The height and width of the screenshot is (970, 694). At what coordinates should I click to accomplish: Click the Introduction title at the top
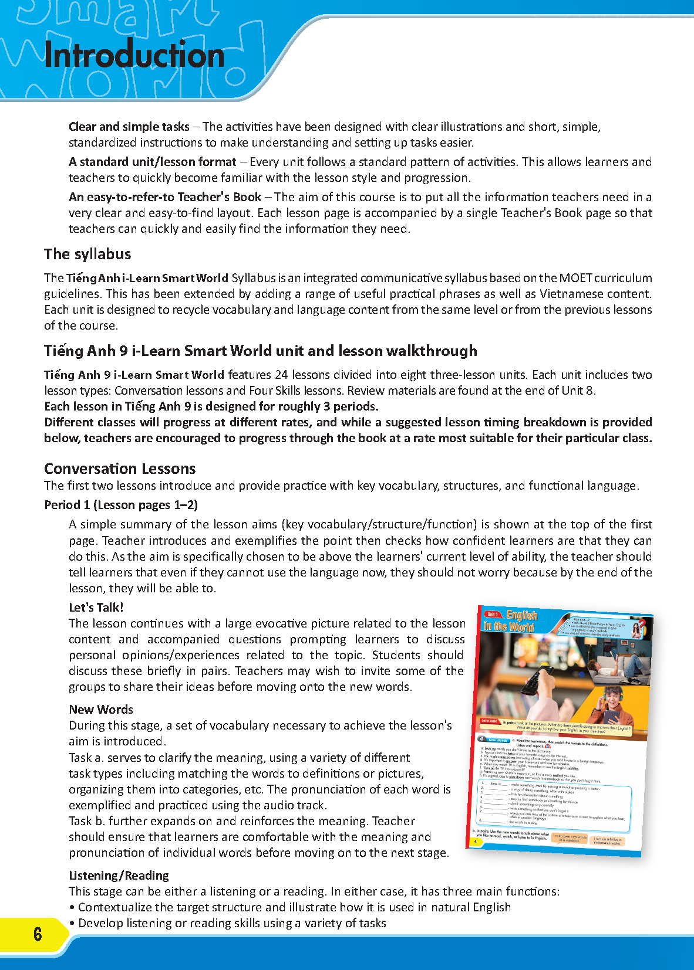click(134, 56)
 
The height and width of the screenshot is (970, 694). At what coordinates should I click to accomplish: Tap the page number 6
click(38, 934)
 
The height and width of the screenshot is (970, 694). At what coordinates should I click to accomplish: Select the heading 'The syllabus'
click(87, 254)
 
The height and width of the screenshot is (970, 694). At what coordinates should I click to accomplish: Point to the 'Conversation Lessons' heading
click(120, 469)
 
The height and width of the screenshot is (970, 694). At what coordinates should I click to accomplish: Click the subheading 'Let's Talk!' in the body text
click(96, 608)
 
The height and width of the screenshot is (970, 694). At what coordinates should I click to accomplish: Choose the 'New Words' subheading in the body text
click(101, 710)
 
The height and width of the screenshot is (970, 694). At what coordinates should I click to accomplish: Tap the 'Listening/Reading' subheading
click(119, 876)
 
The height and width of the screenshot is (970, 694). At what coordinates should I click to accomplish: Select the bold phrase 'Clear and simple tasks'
click(129, 127)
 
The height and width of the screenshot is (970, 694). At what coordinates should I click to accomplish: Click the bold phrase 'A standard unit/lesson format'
click(152, 162)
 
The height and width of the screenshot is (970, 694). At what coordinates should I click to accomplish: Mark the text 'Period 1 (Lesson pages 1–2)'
click(121, 505)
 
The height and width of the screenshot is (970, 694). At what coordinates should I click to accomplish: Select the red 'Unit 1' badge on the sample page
click(491, 615)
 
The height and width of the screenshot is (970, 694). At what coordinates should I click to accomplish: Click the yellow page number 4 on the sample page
click(475, 842)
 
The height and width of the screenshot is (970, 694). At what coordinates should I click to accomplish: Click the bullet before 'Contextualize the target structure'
click(72, 907)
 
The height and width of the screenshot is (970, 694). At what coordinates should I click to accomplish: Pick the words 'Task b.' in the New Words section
click(86, 821)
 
